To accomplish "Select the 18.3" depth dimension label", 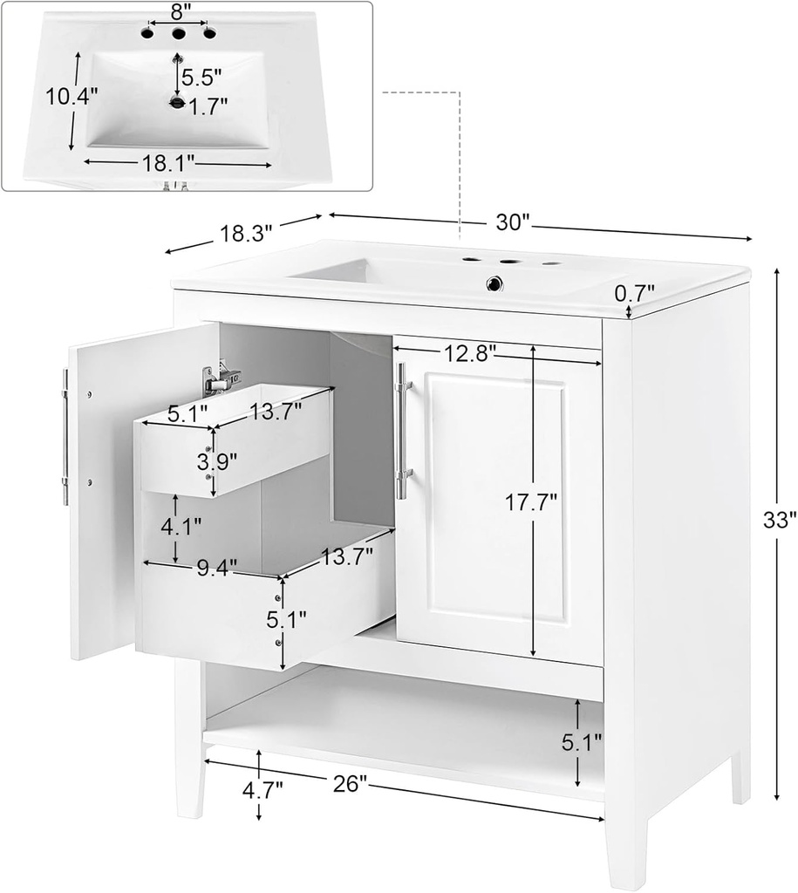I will coord(246,233).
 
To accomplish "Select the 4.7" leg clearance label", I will coord(262,791).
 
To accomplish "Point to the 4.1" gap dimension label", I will coord(179,527).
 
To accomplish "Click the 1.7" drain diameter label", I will coord(208,106).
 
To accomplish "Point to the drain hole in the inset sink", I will coord(178,104).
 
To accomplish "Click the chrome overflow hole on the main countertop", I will coord(496,283).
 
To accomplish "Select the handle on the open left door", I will coord(65,436).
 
